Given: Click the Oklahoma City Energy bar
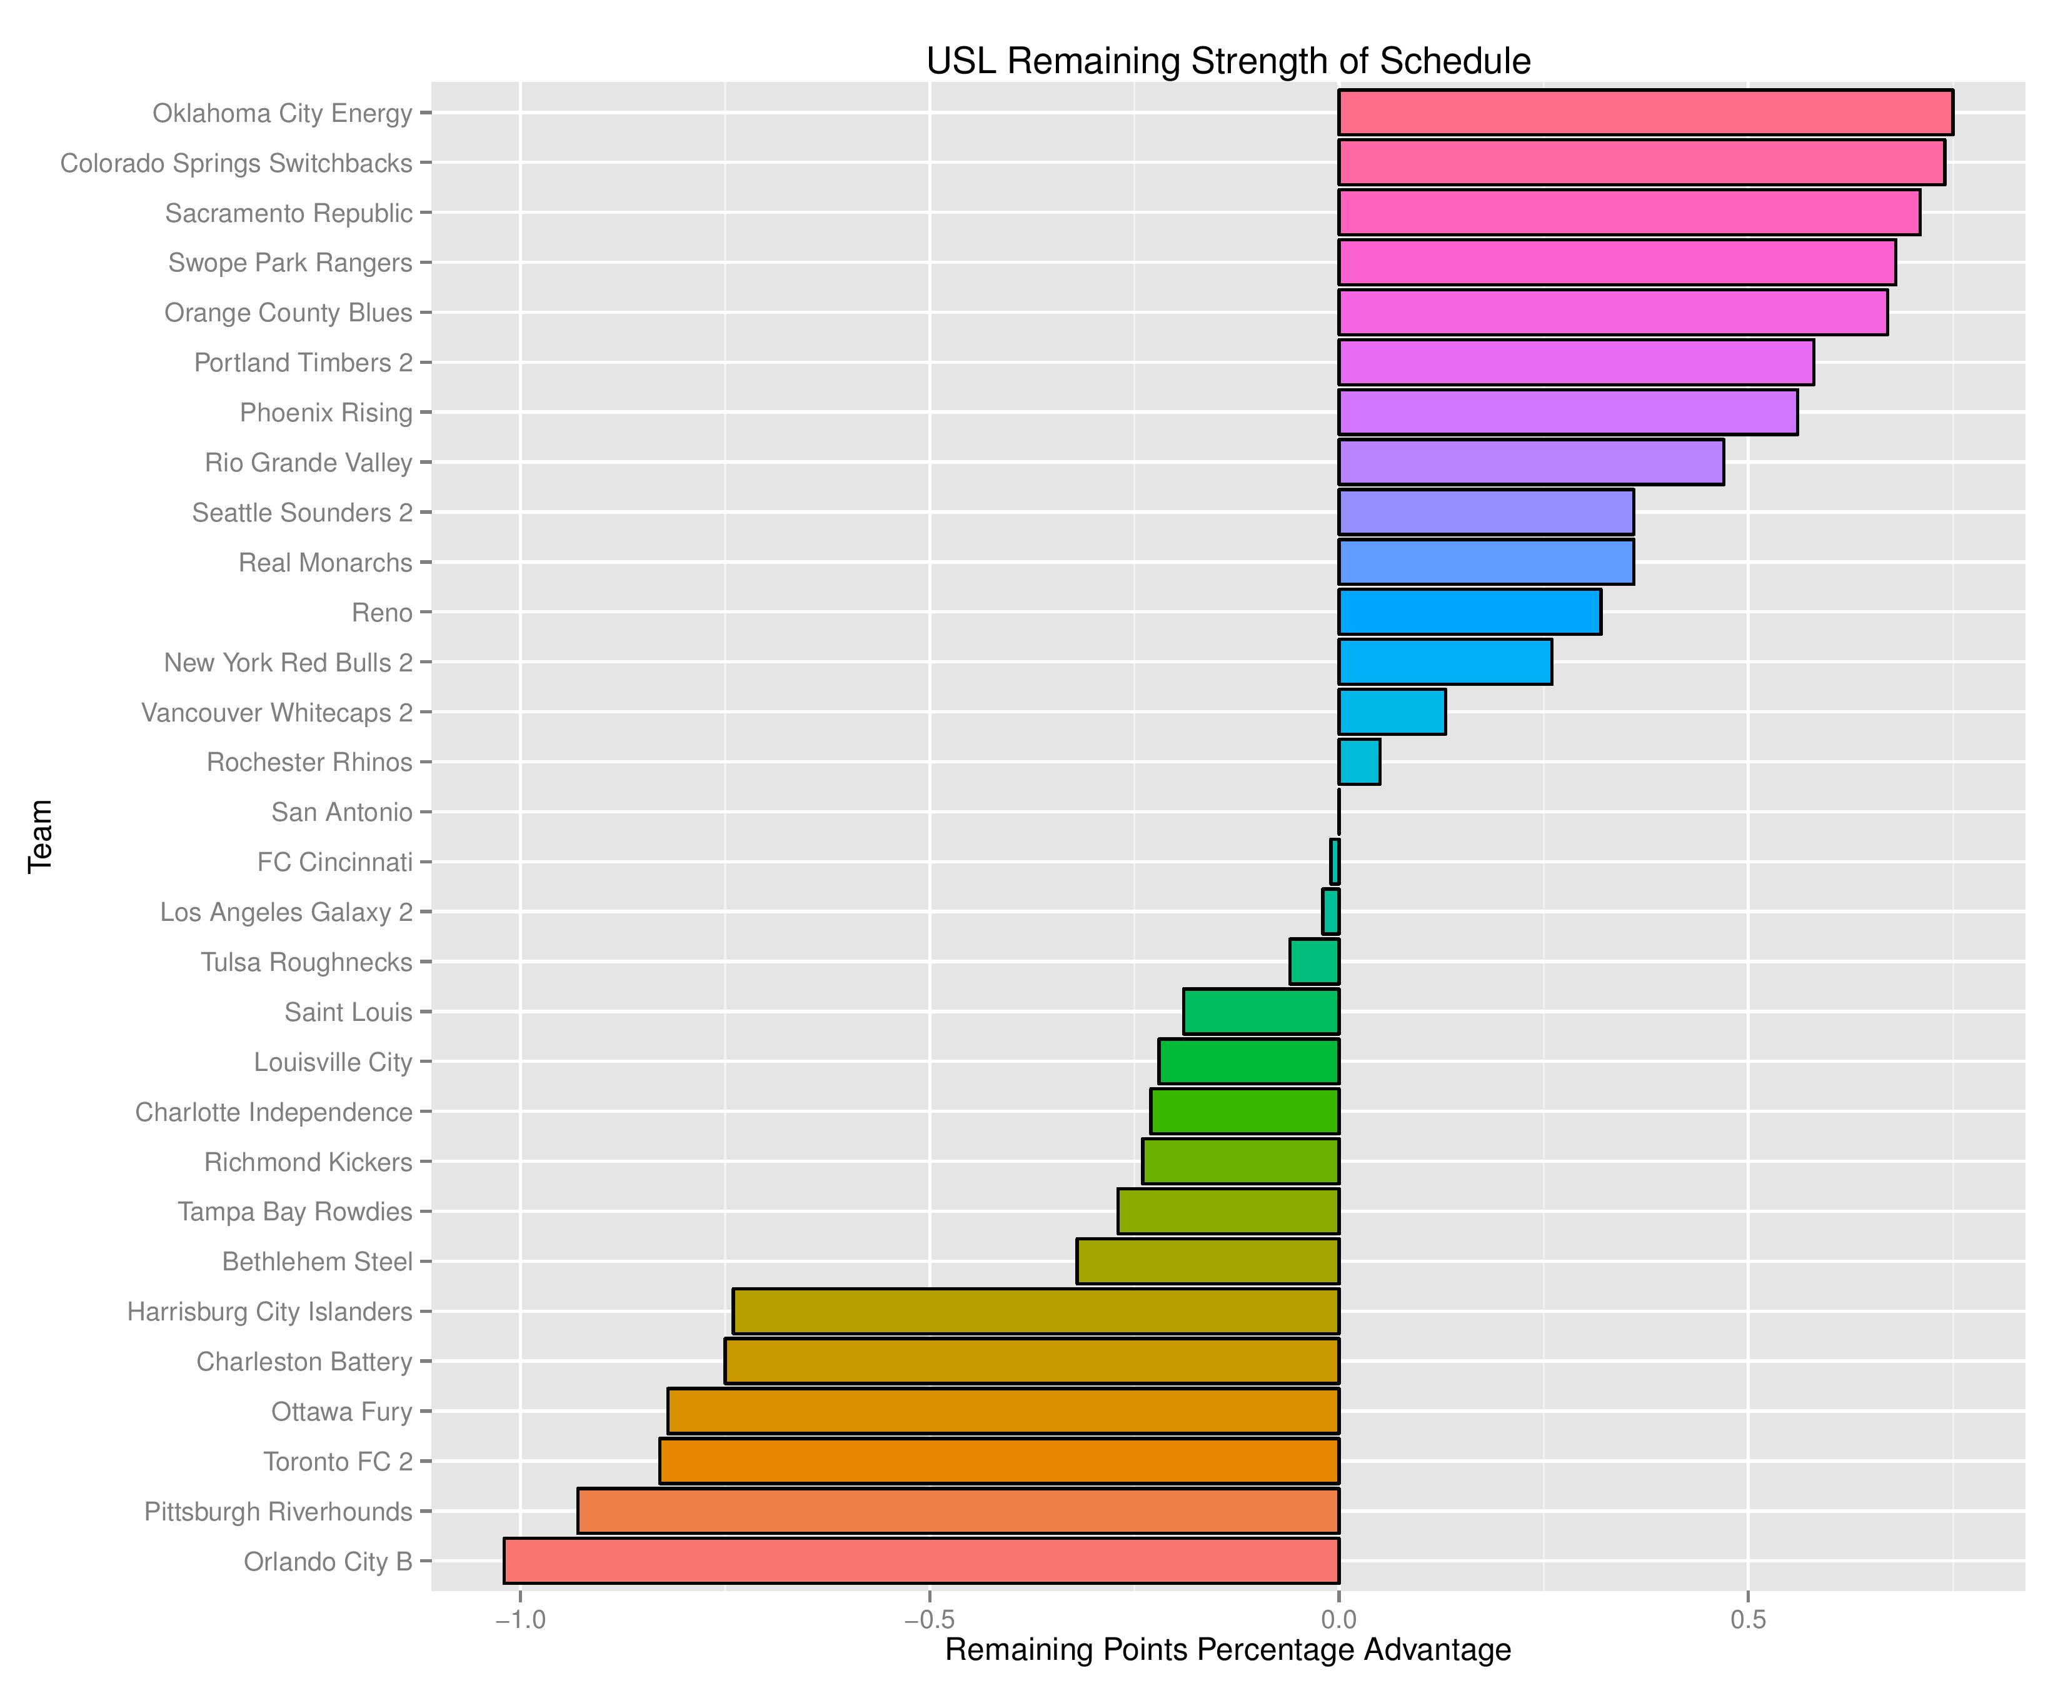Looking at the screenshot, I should point(1645,113).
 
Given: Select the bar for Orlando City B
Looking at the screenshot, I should point(921,1560).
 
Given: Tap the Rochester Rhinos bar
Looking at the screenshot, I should point(1359,762).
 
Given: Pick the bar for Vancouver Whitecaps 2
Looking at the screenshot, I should point(1391,711).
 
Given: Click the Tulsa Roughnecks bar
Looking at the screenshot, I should point(1315,962).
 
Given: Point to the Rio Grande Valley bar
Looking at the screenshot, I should point(1530,462).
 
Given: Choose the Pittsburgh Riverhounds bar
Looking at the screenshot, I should point(958,1511).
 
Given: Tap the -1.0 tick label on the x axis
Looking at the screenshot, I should point(520,1620).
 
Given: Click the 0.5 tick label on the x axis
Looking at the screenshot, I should point(1747,1620).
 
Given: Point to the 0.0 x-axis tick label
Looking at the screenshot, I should point(1338,1620).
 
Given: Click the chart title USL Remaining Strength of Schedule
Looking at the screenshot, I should point(1228,61).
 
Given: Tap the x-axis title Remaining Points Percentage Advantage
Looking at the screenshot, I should point(1228,1650).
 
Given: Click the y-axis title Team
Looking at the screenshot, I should point(40,836).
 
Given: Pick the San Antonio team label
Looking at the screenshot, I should point(341,812).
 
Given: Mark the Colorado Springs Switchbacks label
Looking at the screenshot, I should point(236,163).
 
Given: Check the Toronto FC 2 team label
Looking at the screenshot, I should point(338,1462).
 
